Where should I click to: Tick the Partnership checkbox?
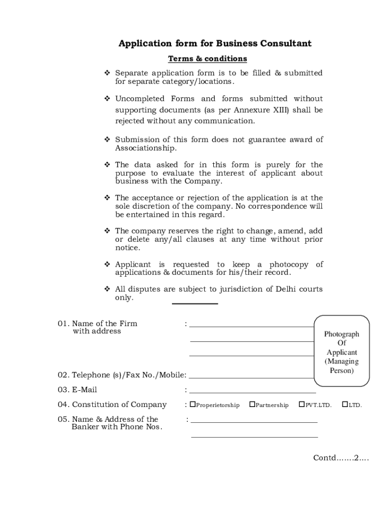252,405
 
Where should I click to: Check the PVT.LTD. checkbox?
302,405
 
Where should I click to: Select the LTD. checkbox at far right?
345,405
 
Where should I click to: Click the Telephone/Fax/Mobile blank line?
251,378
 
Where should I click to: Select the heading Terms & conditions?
207,59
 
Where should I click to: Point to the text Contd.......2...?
341,458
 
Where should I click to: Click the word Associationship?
146,148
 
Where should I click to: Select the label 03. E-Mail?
77,390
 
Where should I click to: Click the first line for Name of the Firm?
251,326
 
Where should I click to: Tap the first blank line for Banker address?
254,422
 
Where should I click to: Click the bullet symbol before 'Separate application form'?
107,73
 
